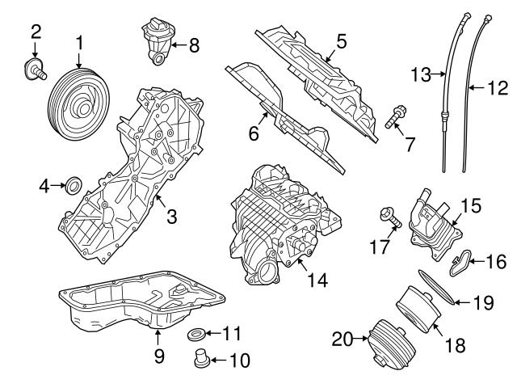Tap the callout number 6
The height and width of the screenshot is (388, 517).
coord(254,134)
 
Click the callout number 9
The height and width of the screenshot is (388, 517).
coord(158,353)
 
